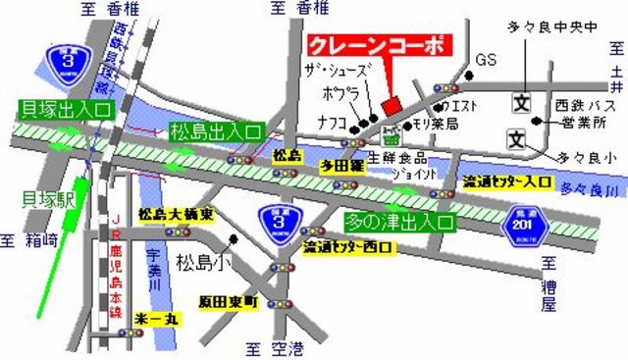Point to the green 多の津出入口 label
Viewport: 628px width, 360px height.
[x=399, y=223]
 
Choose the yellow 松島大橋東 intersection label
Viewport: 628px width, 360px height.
[x=171, y=214]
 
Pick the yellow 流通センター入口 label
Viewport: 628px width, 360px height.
[x=507, y=181]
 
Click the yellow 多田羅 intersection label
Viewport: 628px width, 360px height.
[x=341, y=167]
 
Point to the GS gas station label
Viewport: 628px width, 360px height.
[x=487, y=61]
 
